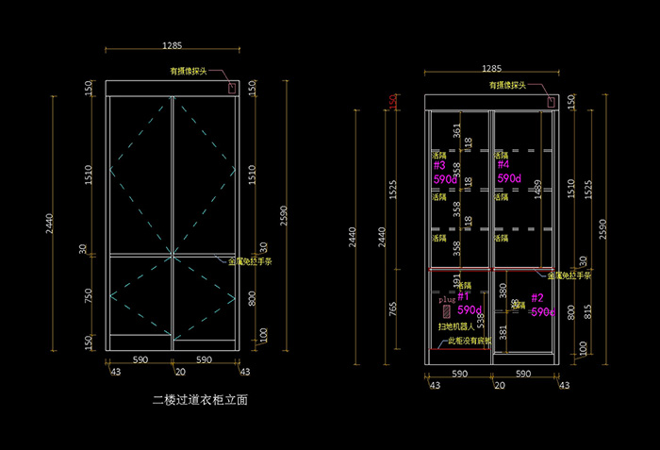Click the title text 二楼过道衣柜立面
200,400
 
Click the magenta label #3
438,165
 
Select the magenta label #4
503,165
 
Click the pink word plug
448,298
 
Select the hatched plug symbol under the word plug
446,309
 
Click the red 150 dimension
394,101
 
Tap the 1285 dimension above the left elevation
172,45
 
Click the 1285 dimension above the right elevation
491,69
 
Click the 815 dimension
589,311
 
